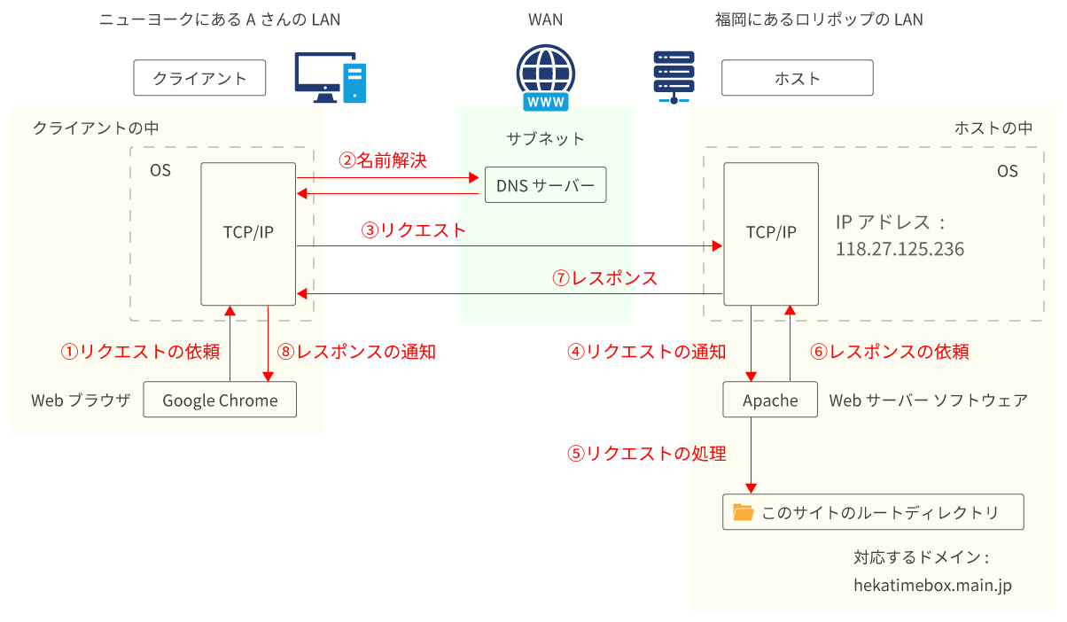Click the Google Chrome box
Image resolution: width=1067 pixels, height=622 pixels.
tap(220, 400)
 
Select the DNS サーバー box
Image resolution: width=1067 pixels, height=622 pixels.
tap(545, 185)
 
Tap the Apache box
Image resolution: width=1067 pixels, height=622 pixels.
tap(770, 400)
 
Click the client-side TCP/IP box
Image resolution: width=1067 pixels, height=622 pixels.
tap(248, 233)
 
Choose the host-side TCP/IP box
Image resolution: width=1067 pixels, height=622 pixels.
tap(771, 233)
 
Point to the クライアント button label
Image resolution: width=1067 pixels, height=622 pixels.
tap(199, 78)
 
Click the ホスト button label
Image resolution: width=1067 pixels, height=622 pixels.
tap(797, 78)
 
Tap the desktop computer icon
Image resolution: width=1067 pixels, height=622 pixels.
tap(330, 78)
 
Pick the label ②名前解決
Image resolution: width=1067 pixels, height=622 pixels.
tap(383, 160)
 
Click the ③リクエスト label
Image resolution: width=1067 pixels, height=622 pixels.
tap(413, 230)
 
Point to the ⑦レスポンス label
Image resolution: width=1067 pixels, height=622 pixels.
tap(605, 278)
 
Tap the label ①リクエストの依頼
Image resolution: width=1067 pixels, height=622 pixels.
tap(140, 352)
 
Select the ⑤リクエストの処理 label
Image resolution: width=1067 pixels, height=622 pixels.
tap(647, 454)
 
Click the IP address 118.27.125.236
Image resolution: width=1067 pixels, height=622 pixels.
tap(900, 250)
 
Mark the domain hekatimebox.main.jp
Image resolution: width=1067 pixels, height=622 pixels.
tap(932, 586)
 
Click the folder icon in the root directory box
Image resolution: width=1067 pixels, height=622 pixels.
tap(743, 512)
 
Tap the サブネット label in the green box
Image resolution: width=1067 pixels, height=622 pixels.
tap(545, 138)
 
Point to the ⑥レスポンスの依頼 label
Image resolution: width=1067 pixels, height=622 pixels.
tap(890, 352)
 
